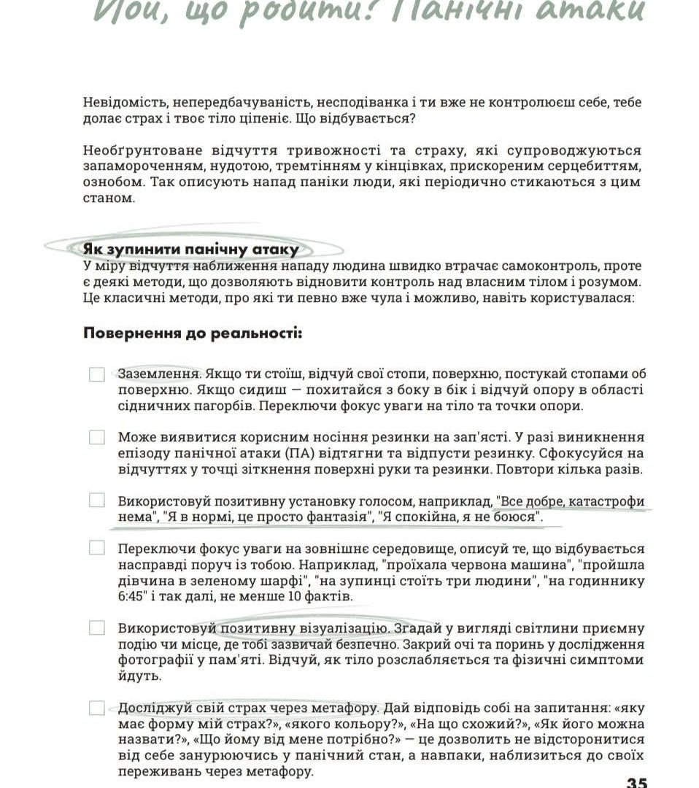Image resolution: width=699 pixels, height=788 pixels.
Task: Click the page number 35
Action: pyautogui.click(x=636, y=781)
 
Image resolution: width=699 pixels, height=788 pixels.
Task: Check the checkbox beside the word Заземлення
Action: pyautogui.click(x=97, y=374)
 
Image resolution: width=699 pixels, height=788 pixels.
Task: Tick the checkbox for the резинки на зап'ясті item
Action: pyautogui.click(x=97, y=438)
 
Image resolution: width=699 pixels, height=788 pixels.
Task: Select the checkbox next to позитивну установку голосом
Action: pyautogui.click(x=97, y=501)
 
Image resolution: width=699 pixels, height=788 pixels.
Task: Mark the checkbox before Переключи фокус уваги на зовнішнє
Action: pyautogui.click(x=97, y=548)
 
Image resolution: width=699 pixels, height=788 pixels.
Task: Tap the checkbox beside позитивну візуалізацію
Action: pyautogui.click(x=97, y=627)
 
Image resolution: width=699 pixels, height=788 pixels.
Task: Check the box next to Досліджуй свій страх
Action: pyautogui.click(x=97, y=708)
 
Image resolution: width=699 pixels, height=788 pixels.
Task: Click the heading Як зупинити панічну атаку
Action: pyautogui.click(x=191, y=250)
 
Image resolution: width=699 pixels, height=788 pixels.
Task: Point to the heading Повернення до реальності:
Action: pyautogui.click(x=193, y=334)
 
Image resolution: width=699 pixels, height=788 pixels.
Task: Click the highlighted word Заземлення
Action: pyautogui.click(x=159, y=374)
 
